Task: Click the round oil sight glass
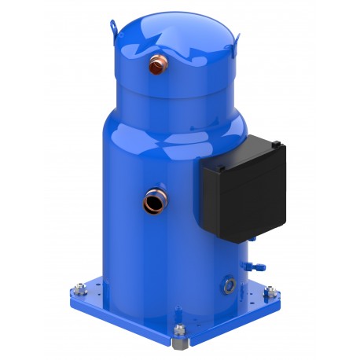point(228,280)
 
